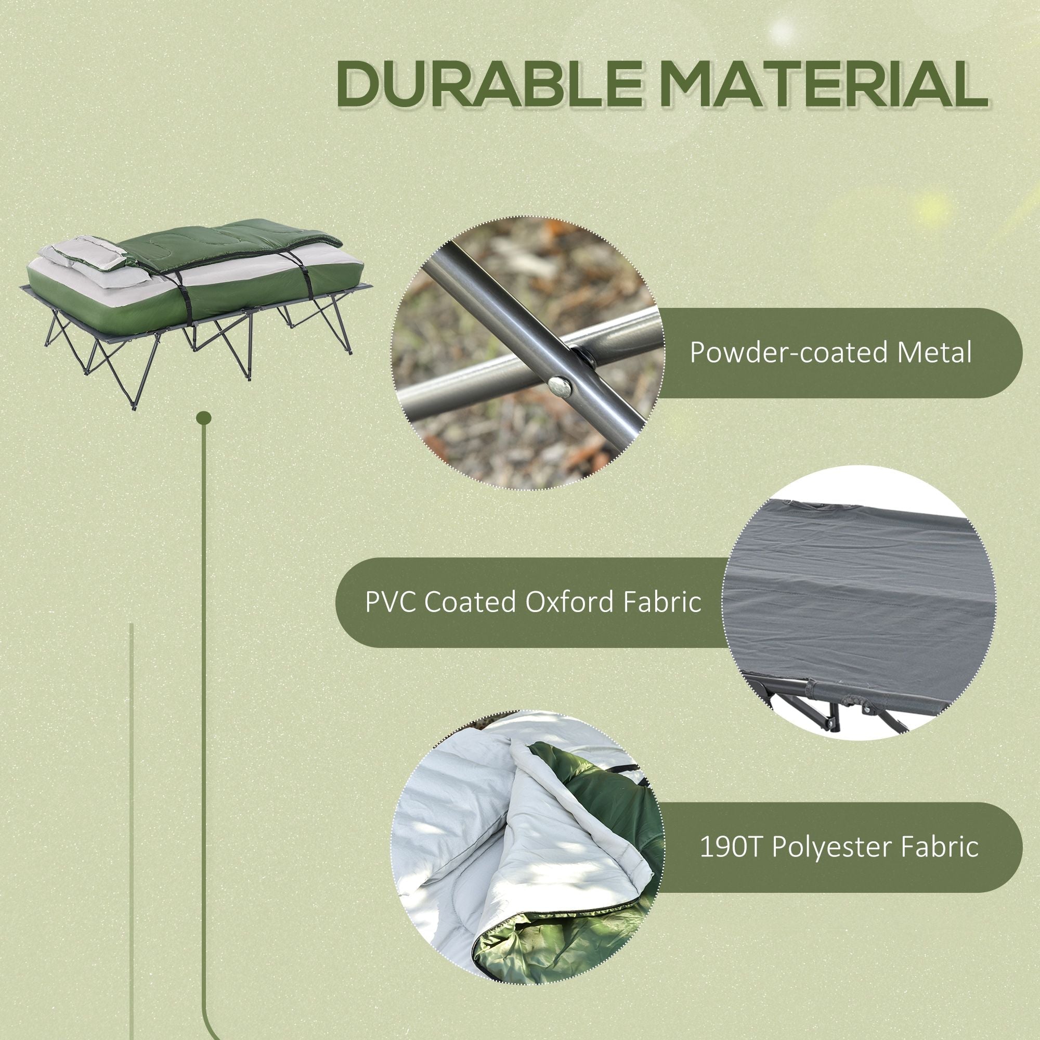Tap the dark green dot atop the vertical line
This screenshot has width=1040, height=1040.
204,418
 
